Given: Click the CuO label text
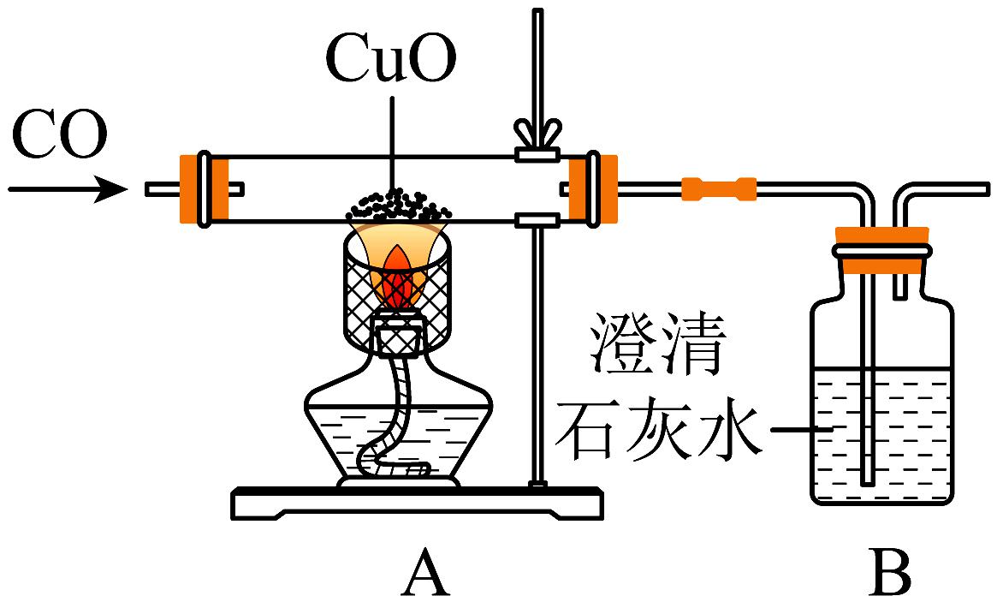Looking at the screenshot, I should (x=391, y=63).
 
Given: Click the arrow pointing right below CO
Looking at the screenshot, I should (x=68, y=188).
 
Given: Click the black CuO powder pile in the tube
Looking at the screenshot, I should (x=396, y=206).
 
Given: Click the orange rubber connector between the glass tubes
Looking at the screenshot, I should (x=719, y=188).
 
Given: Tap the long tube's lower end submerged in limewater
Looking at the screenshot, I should (x=868, y=480).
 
